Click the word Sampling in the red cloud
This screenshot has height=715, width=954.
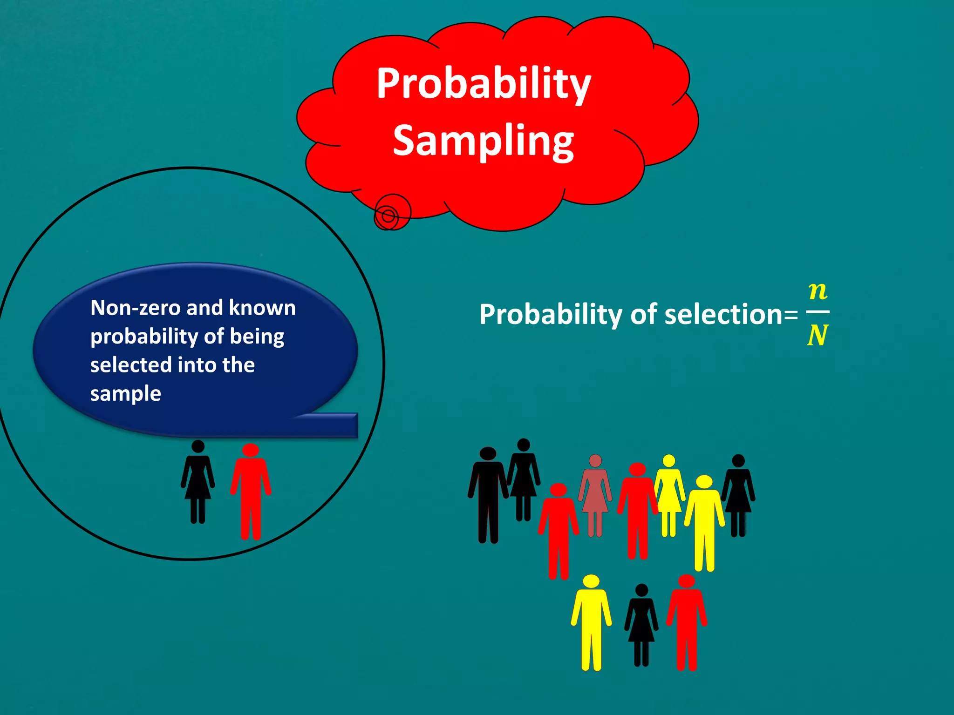483,141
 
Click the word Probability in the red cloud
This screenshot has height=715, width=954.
484,84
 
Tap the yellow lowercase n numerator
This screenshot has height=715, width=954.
818,291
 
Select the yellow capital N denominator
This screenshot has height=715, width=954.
818,335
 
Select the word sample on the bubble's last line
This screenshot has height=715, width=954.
125,394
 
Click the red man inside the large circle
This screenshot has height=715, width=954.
251,493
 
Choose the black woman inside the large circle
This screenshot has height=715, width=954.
198,482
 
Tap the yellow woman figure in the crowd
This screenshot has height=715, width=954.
669,493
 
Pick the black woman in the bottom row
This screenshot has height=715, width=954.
641,624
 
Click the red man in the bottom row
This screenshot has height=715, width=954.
687,624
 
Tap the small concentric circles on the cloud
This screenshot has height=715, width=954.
389,215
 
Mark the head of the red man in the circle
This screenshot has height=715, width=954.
251,450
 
